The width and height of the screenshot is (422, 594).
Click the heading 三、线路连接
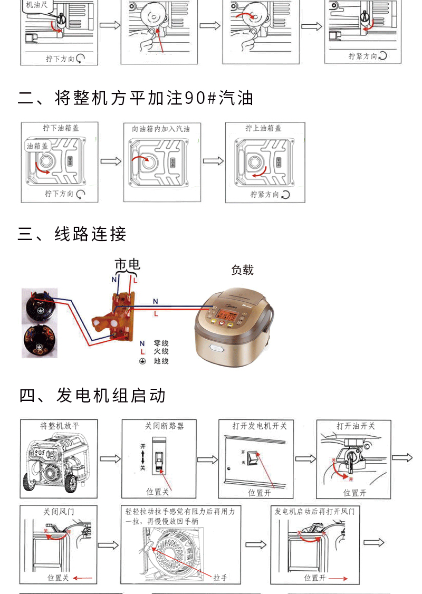click(x=72, y=234)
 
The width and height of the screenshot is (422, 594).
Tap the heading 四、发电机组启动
click(x=93, y=395)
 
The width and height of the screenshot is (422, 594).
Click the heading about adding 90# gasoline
click(x=136, y=98)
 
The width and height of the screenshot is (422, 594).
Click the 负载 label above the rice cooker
click(x=242, y=270)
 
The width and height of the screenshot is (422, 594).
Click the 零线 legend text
click(x=161, y=343)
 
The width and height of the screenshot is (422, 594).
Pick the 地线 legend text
click(x=161, y=361)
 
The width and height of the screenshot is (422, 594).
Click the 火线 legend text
click(x=161, y=352)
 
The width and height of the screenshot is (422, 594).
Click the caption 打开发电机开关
click(x=260, y=426)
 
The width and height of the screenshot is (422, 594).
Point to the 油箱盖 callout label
click(x=37, y=146)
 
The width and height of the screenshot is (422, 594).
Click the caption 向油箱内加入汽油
click(x=160, y=129)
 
